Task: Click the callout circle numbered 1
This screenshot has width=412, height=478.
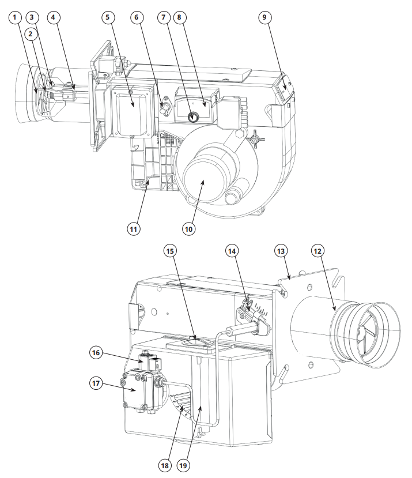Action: [14, 17]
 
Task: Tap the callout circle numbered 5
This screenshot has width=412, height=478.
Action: [108, 17]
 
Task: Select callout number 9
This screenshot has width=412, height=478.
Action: [264, 17]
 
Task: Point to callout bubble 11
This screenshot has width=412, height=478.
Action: [134, 229]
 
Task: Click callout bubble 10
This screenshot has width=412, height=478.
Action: [188, 229]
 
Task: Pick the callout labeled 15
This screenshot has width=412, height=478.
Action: [170, 251]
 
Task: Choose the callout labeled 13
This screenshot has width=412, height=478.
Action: [281, 251]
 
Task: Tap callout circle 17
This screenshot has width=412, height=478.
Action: [96, 383]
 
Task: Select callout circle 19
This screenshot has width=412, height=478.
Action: [183, 465]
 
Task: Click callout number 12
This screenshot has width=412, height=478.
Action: [317, 251]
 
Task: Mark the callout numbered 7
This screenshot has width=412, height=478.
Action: [164, 17]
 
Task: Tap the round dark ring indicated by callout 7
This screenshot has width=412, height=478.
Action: [193, 116]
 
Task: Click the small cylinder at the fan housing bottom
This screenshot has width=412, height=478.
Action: [235, 194]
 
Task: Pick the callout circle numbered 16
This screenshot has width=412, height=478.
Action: [96, 353]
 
